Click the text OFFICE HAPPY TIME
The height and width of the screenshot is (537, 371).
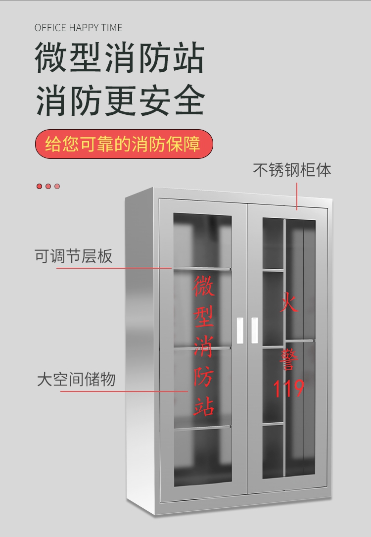click(78, 28)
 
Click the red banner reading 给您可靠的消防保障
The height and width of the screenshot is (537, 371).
click(124, 144)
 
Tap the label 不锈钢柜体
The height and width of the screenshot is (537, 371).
click(292, 170)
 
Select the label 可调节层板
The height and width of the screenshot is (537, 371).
click(73, 256)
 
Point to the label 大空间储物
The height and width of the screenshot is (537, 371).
click(76, 380)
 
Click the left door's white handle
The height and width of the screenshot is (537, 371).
click(240, 330)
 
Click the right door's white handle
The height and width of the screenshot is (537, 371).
click(254, 330)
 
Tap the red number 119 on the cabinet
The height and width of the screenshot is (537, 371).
click(288, 388)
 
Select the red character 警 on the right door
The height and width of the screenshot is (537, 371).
click(288, 359)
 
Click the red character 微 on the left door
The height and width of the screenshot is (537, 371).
click(204, 286)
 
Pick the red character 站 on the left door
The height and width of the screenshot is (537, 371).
click(204, 406)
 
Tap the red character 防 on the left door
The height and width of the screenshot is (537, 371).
click(204, 377)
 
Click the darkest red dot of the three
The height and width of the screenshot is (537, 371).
click(40, 186)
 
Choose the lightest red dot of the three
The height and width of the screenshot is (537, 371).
click(57, 186)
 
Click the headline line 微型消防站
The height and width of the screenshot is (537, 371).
click(119, 57)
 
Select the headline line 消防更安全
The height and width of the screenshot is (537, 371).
click(120, 100)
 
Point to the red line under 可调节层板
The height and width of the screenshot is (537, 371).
click(114, 268)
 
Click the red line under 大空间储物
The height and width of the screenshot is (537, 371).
click(124, 391)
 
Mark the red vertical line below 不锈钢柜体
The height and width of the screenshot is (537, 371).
click(297, 196)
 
